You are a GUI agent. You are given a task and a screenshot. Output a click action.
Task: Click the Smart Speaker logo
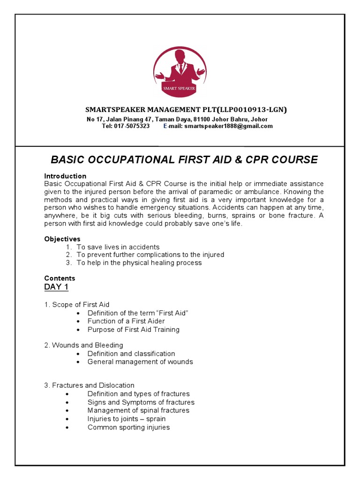pos(180,72)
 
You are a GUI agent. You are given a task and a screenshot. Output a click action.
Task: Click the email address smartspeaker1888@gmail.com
pos(228,126)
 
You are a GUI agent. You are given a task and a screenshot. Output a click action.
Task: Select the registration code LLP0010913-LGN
pos(251,110)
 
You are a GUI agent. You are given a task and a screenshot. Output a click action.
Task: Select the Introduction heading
pos(65,176)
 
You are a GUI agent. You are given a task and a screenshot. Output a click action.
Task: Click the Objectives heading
pos(62,239)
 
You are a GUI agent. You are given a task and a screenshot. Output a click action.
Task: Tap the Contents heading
pos(60,278)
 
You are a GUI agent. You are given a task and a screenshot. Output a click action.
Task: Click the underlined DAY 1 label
pos(56,287)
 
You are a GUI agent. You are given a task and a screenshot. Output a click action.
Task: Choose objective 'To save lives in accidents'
pos(118,247)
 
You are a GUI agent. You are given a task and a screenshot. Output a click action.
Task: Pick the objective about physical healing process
pos(139,263)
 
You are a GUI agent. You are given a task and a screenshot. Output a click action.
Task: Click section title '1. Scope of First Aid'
pos(77,305)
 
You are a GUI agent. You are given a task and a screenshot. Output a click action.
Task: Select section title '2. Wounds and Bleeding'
pos(83,345)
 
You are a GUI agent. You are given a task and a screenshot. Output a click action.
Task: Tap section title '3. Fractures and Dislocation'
pos(89,385)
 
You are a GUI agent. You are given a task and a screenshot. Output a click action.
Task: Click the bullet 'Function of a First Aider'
pos(126,321)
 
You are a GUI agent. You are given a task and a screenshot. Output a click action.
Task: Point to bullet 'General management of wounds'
pos(140,362)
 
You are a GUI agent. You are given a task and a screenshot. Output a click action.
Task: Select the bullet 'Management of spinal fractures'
pos(138,411)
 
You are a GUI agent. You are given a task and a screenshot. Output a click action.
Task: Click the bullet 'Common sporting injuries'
pos(128,427)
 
